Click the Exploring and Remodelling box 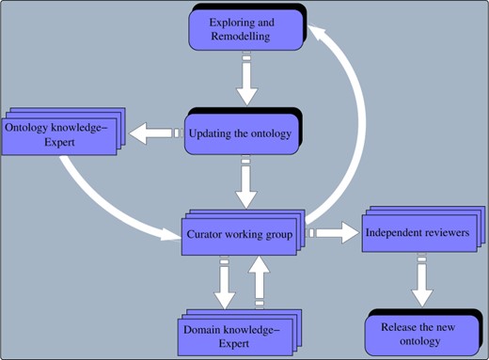point(244,29)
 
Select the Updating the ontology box point(240,133)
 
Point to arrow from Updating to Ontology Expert point(152,134)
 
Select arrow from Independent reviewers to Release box point(422,282)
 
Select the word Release point(402,327)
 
